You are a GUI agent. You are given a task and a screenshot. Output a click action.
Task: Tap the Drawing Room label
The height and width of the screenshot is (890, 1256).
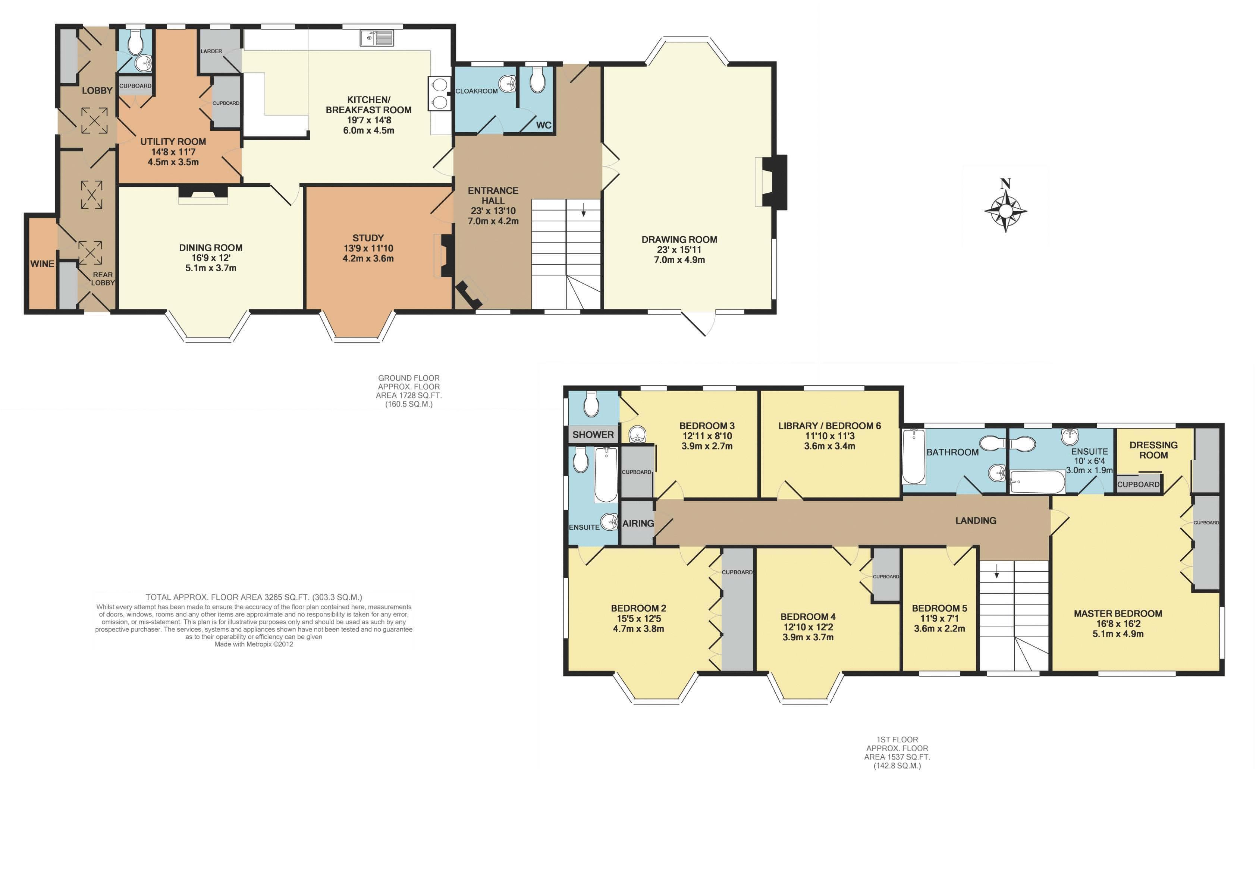click(679, 240)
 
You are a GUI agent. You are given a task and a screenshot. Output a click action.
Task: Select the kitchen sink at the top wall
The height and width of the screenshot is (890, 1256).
click(377, 38)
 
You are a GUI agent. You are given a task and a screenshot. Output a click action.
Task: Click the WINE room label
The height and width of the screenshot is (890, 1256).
click(42, 263)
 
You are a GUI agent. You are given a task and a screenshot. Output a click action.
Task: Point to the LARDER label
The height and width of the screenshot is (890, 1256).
click(211, 51)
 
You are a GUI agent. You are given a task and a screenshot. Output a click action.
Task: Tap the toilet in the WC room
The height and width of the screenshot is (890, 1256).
click(538, 80)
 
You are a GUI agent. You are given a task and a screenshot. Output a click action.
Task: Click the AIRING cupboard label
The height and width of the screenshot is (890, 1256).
click(638, 523)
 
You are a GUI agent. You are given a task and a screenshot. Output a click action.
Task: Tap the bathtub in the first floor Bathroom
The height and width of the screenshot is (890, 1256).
click(913, 457)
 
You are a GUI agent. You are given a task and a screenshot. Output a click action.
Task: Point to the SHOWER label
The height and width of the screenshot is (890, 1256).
click(593, 435)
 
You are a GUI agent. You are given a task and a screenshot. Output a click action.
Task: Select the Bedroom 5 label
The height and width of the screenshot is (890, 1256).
click(940, 608)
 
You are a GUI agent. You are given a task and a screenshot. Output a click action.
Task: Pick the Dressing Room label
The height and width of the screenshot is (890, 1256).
click(1153, 450)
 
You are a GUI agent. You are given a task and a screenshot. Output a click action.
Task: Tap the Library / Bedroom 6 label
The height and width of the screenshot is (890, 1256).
click(829, 426)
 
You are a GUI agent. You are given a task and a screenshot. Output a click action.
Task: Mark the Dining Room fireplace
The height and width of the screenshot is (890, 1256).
click(203, 195)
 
